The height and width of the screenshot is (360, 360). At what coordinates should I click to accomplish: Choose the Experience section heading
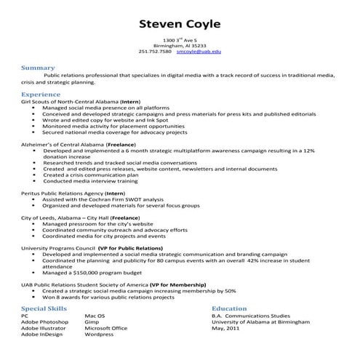point(41,95)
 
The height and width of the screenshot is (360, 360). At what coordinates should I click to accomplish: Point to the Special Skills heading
point(45,308)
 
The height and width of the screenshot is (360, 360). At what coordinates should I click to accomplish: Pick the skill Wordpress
point(99,334)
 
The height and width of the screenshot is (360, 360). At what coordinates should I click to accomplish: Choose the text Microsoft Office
point(105,328)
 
